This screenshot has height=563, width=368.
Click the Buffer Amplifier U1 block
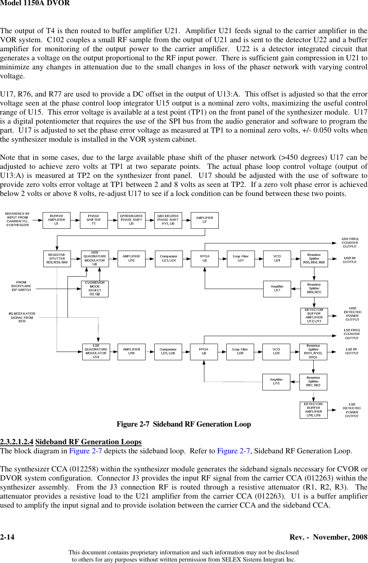(57, 220)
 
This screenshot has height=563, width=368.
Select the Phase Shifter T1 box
(94, 220)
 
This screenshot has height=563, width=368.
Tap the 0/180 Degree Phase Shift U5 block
(131, 220)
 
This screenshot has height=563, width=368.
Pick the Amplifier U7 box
(205, 220)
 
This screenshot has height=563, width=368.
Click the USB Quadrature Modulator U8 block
(95, 259)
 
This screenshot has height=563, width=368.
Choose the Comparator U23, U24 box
(169, 259)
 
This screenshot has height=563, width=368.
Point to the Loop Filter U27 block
(241, 259)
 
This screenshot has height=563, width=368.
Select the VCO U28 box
(276, 352)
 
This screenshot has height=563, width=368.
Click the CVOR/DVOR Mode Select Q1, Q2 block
(95, 289)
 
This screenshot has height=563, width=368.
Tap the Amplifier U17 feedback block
(277, 289)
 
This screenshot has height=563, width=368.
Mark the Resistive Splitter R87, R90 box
(313, 382)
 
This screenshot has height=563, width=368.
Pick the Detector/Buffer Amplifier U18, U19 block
(313, 410)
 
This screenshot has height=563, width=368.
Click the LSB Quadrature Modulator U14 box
(96, 352)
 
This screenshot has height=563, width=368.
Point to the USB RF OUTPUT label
(350, 260)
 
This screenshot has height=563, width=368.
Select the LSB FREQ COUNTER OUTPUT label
(351, 334)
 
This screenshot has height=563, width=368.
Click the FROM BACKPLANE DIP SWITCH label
(21, 286)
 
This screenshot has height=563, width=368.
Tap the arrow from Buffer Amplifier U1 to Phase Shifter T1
(75, 220)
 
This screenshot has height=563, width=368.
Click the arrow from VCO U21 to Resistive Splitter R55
(296, 259)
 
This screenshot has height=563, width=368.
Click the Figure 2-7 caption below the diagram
(184, 424)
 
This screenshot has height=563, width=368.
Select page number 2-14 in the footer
(7, 537)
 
